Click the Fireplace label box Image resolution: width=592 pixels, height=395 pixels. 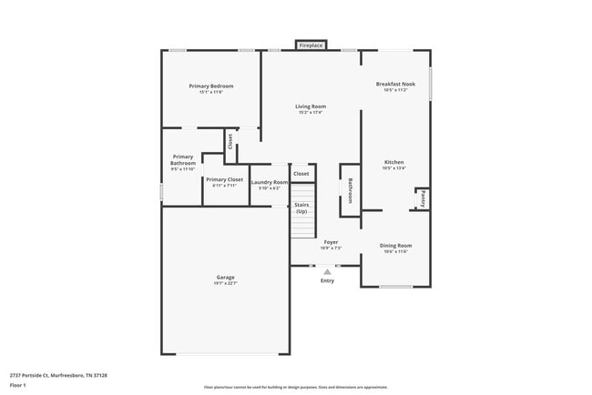pyautogui.click(x=311, y=45)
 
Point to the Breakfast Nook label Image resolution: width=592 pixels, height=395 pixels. pyautogui.click(x=395, y=85)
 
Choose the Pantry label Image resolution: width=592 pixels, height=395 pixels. pyautogui.click(x=422, y=198)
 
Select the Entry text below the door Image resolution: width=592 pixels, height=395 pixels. pyautogui.click(x=327, y=280)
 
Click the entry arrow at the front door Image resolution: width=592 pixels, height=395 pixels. pyautogui.click(x=327, y=270)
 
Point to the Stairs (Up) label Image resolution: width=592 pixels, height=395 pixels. pyautogui.click(x=301, y=208)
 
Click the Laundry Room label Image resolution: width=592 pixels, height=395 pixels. pyautogui.click(x=270, y=183)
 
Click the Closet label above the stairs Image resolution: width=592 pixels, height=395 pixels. pyautogui.click(x=301, y=173)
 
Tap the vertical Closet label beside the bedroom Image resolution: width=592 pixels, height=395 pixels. pyautogui.click(x=230, y=141)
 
